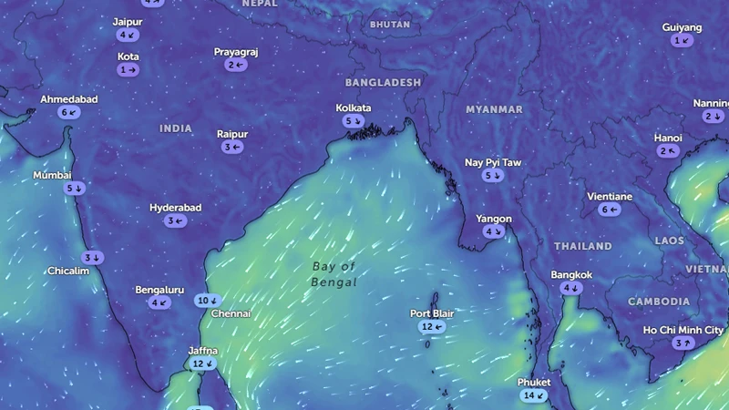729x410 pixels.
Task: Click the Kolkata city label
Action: click(x=354, y=108)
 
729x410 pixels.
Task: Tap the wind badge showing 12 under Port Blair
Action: click(x=432, y=326)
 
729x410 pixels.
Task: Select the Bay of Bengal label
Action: click(x=334, y=274)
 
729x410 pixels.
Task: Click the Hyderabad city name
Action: click(x=176, y=208)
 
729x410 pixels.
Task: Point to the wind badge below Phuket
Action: click(x=534, y=395)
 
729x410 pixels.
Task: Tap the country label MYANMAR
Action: click(x=494, y=109)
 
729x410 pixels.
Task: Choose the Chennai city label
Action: click(x=231, y=313)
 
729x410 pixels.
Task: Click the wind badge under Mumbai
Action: click(x=75, y=188)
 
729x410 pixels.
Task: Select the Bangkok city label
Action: click(x=571, y=275)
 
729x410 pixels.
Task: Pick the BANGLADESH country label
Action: click(x=384, y=82)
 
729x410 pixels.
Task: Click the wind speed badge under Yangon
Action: click(x=494, y=231)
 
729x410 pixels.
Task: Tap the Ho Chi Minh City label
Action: click(x=683, y=330)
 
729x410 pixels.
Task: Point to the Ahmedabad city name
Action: click(x=69, y=99)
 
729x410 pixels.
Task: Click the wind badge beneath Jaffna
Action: click(x=202, y=364)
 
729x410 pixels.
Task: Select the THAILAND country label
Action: click(x=583, y=246)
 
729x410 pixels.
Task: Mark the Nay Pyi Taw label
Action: click(x=493, y=162)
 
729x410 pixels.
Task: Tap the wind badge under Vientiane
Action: click(x=610, y=210)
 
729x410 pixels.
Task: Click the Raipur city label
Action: click(x=232, y=134)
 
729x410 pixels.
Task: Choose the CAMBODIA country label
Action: click(x=659, y=301)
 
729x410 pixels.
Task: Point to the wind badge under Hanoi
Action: click(x=668, y=150)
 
